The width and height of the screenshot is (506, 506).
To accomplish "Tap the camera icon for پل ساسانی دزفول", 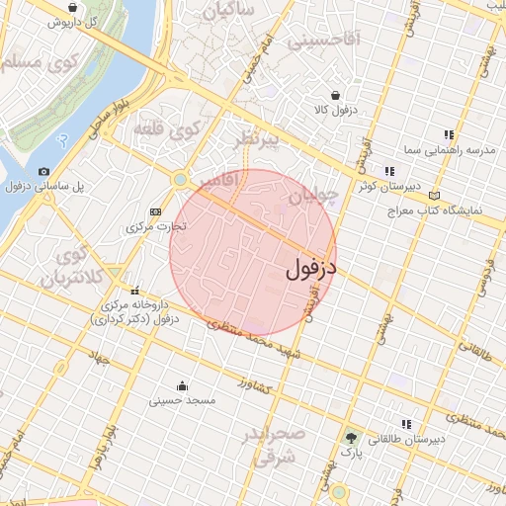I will point(44,172).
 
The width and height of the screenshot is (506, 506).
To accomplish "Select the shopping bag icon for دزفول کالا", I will point(336,96).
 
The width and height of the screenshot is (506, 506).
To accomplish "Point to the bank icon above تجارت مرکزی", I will point(155,211).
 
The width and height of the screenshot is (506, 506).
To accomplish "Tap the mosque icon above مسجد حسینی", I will point(182,385).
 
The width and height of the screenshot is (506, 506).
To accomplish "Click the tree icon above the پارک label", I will point(351,436).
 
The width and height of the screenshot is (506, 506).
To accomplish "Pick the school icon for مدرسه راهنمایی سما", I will point(448,134).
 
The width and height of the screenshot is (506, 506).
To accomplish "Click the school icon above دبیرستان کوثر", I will point(388,172).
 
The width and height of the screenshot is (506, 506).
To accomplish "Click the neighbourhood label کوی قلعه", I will point(197,128).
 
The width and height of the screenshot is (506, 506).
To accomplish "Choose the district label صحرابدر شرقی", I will point(268,446).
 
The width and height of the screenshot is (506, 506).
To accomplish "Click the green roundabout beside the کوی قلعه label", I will point(180,179).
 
